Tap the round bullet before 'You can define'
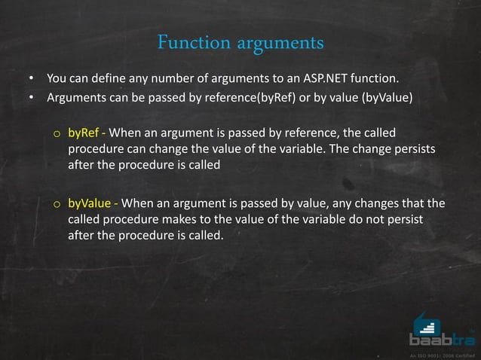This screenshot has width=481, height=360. (x=32, y=78)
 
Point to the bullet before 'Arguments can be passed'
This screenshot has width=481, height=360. (x=32, y=97)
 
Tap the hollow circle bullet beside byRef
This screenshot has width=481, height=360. (x=57, y=134)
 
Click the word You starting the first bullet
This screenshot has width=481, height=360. (x=55, y=78)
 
